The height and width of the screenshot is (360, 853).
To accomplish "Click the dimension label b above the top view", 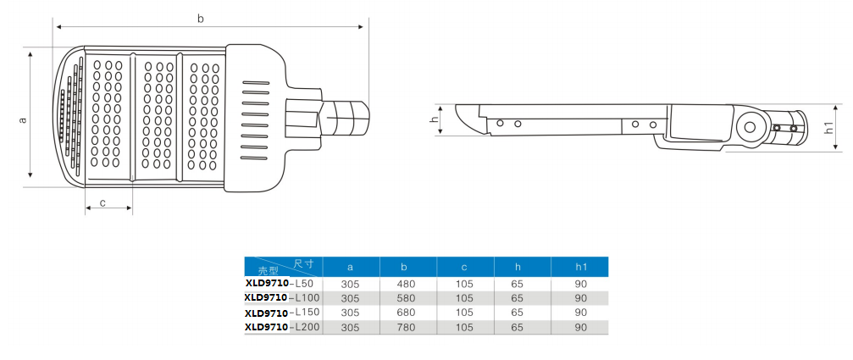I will (200, 18).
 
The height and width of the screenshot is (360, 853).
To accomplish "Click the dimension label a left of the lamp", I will (23, 119).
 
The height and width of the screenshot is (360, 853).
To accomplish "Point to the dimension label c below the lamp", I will (102, 202).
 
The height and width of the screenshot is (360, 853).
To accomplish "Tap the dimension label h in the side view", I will (434, 119).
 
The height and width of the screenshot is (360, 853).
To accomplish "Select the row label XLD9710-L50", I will (279, 283).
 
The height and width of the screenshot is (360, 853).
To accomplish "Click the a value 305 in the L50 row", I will (350, 284).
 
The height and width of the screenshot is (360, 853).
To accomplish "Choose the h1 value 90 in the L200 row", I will (581, 327).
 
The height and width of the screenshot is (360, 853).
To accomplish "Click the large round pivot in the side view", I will (749, 128).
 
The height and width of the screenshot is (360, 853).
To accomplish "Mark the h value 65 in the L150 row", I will (518, 313).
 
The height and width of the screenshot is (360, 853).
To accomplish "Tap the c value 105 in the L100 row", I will (464, 298).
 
